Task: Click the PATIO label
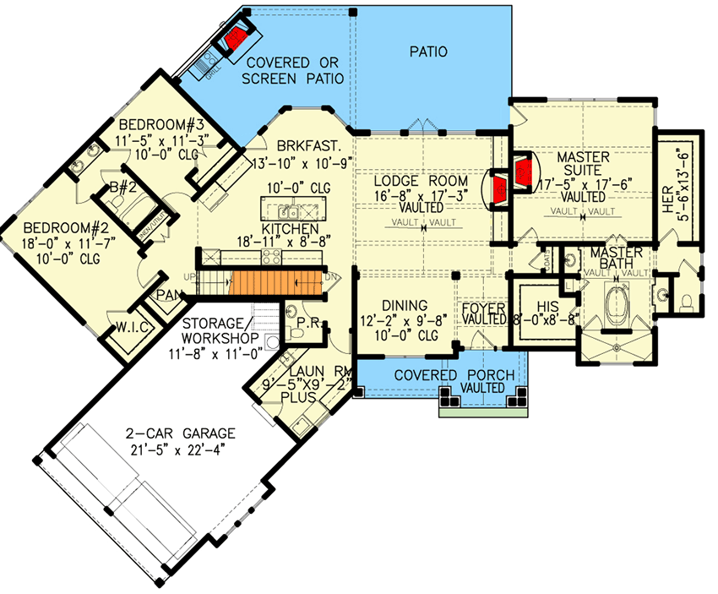coord(428,52)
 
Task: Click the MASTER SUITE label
coord(583,166)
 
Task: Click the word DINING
coord(403,305)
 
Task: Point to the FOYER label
coord(483,308)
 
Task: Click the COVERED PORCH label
coord(442,374)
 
